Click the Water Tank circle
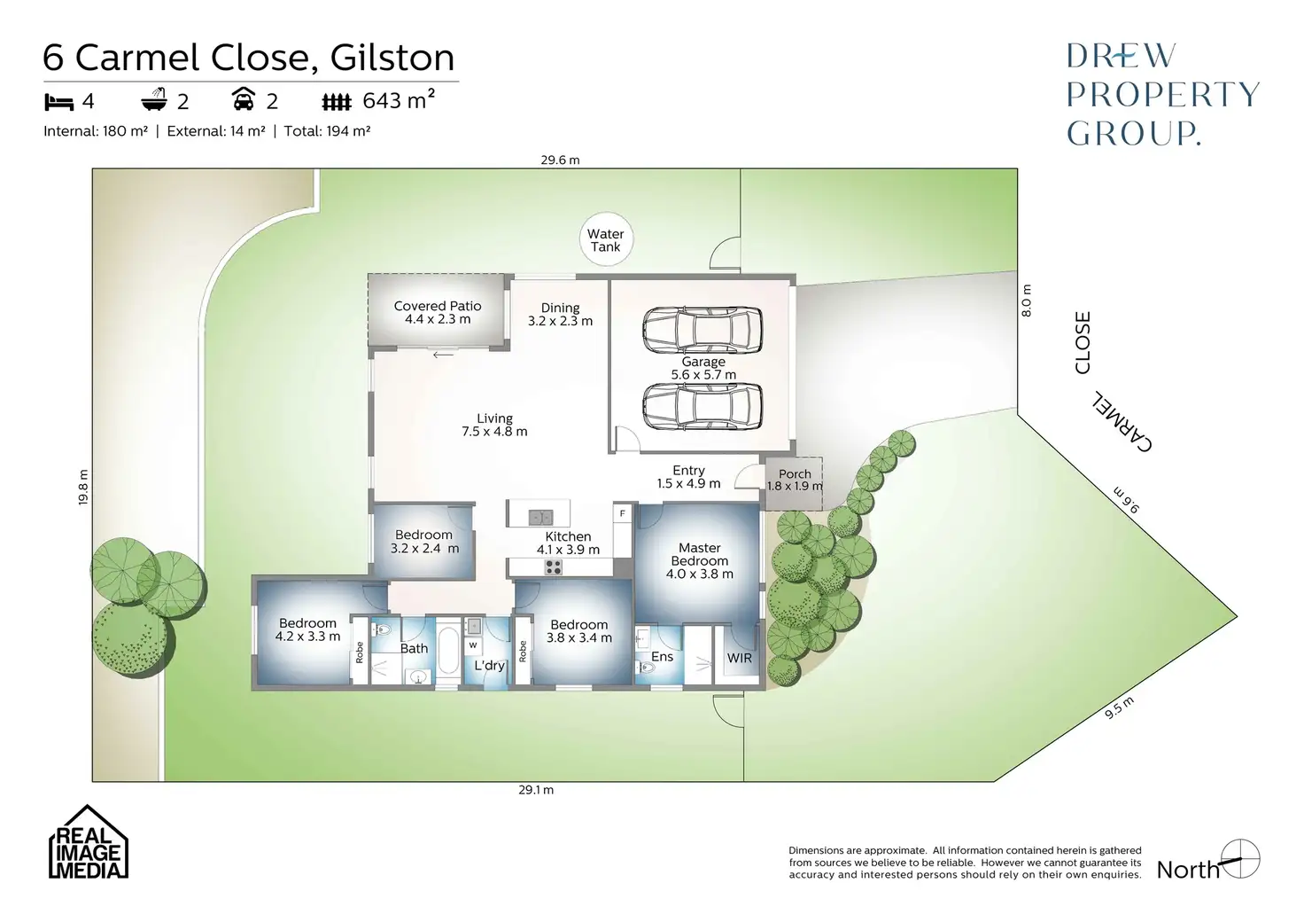pyautogui.click(x=606, y=240)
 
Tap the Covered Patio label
pyautogui.click(x=438, y=312)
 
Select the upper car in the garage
pyautogui.click(x=702, y=329)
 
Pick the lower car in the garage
pyautogui.click(x=702, y=406)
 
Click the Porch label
pyautogui.click(x=795, y=480)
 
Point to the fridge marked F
pyautogui.click(x=623, y=513)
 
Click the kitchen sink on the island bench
pyautogui.click(x=539, y=516)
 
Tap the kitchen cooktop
pyautogui.click(x=553, y=566)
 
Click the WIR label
pyautogui.click(x=740, y=658)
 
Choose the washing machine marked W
pyautogui.click(x=473, y=645)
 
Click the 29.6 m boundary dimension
pyautogui.click(x=560, y=160)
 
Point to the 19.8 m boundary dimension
pyautogui.click(x=83, y=487)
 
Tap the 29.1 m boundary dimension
pyautogui.click(x=536, y=790)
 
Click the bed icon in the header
pyautogui.click(x=58, y=102)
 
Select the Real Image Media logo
pyautogui.click(x=88, y=843)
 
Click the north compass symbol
pyautogui.click(x=1239, y=859)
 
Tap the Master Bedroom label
pyautogui.click(x=699, y=560)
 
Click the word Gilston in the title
pyautogui.click(x=392, y=59)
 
